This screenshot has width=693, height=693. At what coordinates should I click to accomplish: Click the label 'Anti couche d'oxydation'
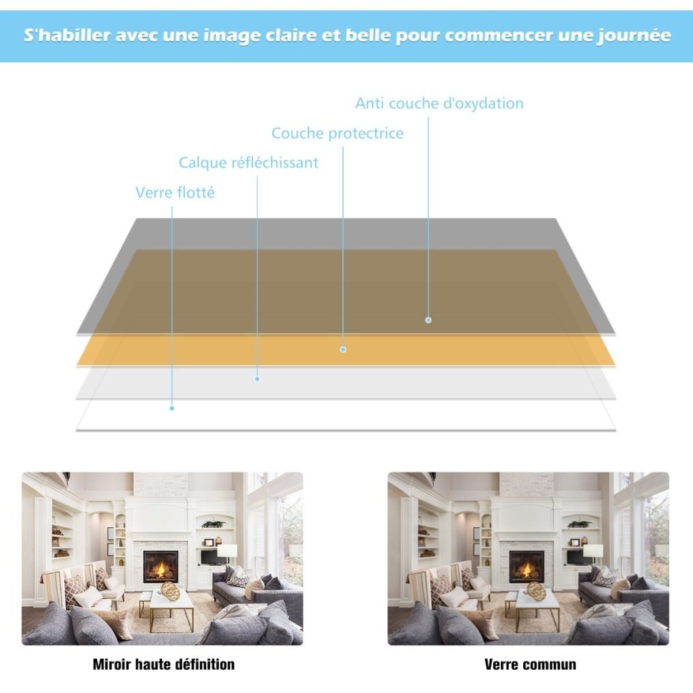[439, 104]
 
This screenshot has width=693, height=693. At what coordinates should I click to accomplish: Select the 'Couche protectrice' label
[337, 134]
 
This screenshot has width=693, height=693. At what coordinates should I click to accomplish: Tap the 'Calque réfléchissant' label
[248, 162]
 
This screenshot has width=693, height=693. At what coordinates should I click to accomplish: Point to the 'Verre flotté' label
[175, 192]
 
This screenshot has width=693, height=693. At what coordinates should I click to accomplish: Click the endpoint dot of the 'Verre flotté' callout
[172, 409]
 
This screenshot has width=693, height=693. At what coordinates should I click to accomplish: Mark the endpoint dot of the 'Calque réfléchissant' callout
[257, 379]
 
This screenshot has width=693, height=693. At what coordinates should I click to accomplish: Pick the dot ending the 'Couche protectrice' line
[343, 350]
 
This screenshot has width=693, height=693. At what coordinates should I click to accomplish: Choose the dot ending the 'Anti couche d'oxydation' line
[428, 320]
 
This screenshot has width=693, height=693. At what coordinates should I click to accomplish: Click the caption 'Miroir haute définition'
[164, 664]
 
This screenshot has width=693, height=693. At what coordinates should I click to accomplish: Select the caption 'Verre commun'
[530, 664]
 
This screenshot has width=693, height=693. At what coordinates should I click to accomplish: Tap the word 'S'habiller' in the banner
[67, 35]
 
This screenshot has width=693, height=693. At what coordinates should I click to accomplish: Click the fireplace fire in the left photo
[161, 569]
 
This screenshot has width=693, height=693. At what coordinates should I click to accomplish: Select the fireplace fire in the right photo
[527, 569]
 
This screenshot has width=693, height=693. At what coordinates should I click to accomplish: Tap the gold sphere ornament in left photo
[170, 591]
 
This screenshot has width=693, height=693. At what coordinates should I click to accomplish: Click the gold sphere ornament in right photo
[535, 591]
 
